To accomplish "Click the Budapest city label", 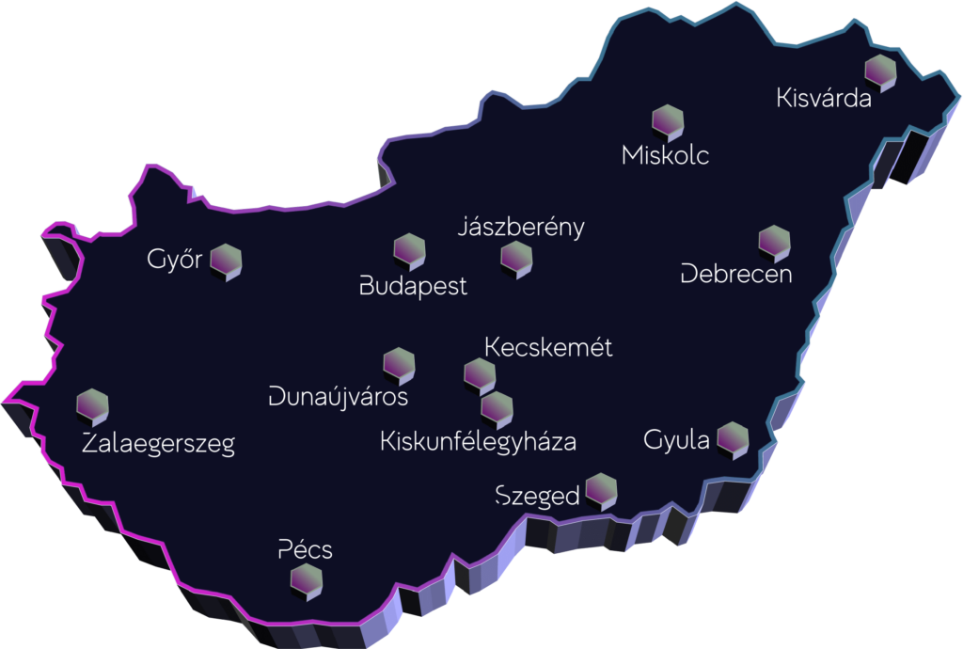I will [x=414, y=286].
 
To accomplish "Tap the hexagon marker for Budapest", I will [x=409, y=251].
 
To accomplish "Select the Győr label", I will [x=175, y=260].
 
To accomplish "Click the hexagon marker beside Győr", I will [x=227, y=260].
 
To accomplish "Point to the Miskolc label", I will [x=666, y=155].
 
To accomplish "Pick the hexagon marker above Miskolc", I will [x=668, y=121].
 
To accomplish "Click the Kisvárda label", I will [x=825, y=98].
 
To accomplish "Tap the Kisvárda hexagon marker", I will [x=880, y=70].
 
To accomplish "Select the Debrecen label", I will [x=736, y=275].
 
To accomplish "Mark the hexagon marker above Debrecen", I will [x=774, y=242].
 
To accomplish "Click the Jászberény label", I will [x=521, y=228].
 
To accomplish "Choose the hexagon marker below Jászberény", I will [x=516, y=258].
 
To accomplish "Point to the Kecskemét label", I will [x=548, y=348].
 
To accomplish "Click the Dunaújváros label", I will [x=338, y=396].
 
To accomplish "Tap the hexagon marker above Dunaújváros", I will [x=399, y=365].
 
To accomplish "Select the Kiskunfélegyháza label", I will [x=478, y=441].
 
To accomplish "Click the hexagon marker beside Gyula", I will [x=732, y=438].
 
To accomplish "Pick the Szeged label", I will [x=537, y=496].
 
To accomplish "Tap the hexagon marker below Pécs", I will [x=307, y=580].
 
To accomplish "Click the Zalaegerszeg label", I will [x=158, y=444].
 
